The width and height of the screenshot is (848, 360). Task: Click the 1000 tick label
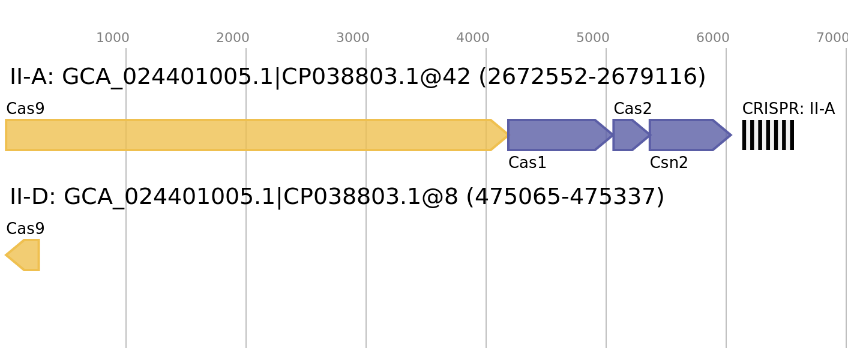coord(113,38)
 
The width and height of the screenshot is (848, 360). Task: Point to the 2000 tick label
coord(233,38)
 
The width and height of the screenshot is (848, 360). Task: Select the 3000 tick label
coord(353,38)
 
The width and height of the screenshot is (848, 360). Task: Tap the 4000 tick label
coord(473,38)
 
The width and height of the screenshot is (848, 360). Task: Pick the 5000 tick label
coord(593,38)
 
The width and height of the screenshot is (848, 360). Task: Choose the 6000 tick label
coord(713,38)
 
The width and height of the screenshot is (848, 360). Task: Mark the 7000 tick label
coord(832,38)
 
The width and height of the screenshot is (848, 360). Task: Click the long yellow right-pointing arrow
coord(252,135)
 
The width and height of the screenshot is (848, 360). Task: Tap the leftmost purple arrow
coord(555,135)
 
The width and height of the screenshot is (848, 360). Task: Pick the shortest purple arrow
coord(627,135)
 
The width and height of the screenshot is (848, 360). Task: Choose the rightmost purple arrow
coord(684,135)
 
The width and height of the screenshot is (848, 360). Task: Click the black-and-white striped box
coord(768,135)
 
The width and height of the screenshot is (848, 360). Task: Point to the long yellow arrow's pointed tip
coord(507,135)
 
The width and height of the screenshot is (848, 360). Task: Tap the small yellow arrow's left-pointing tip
coord(6,255)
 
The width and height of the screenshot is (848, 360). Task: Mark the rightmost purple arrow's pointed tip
coord(731,135)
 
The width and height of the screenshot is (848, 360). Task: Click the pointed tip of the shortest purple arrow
coord(648,135)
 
